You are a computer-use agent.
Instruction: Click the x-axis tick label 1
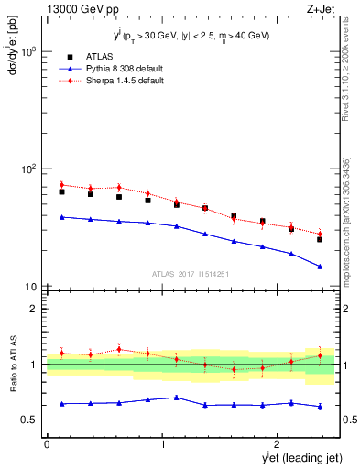[x=163, y=444]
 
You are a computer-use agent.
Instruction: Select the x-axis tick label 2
[x=279, y=444]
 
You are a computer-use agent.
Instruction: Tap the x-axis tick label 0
[x=47, y=444]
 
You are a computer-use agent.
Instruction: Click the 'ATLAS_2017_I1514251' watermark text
[x=191, y=274]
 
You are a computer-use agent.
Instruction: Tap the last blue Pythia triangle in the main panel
[x=320, y=267]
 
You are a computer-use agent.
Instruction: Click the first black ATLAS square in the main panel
[x=61, y=191]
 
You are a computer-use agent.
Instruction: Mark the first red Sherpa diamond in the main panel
[x=61, y=185]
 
